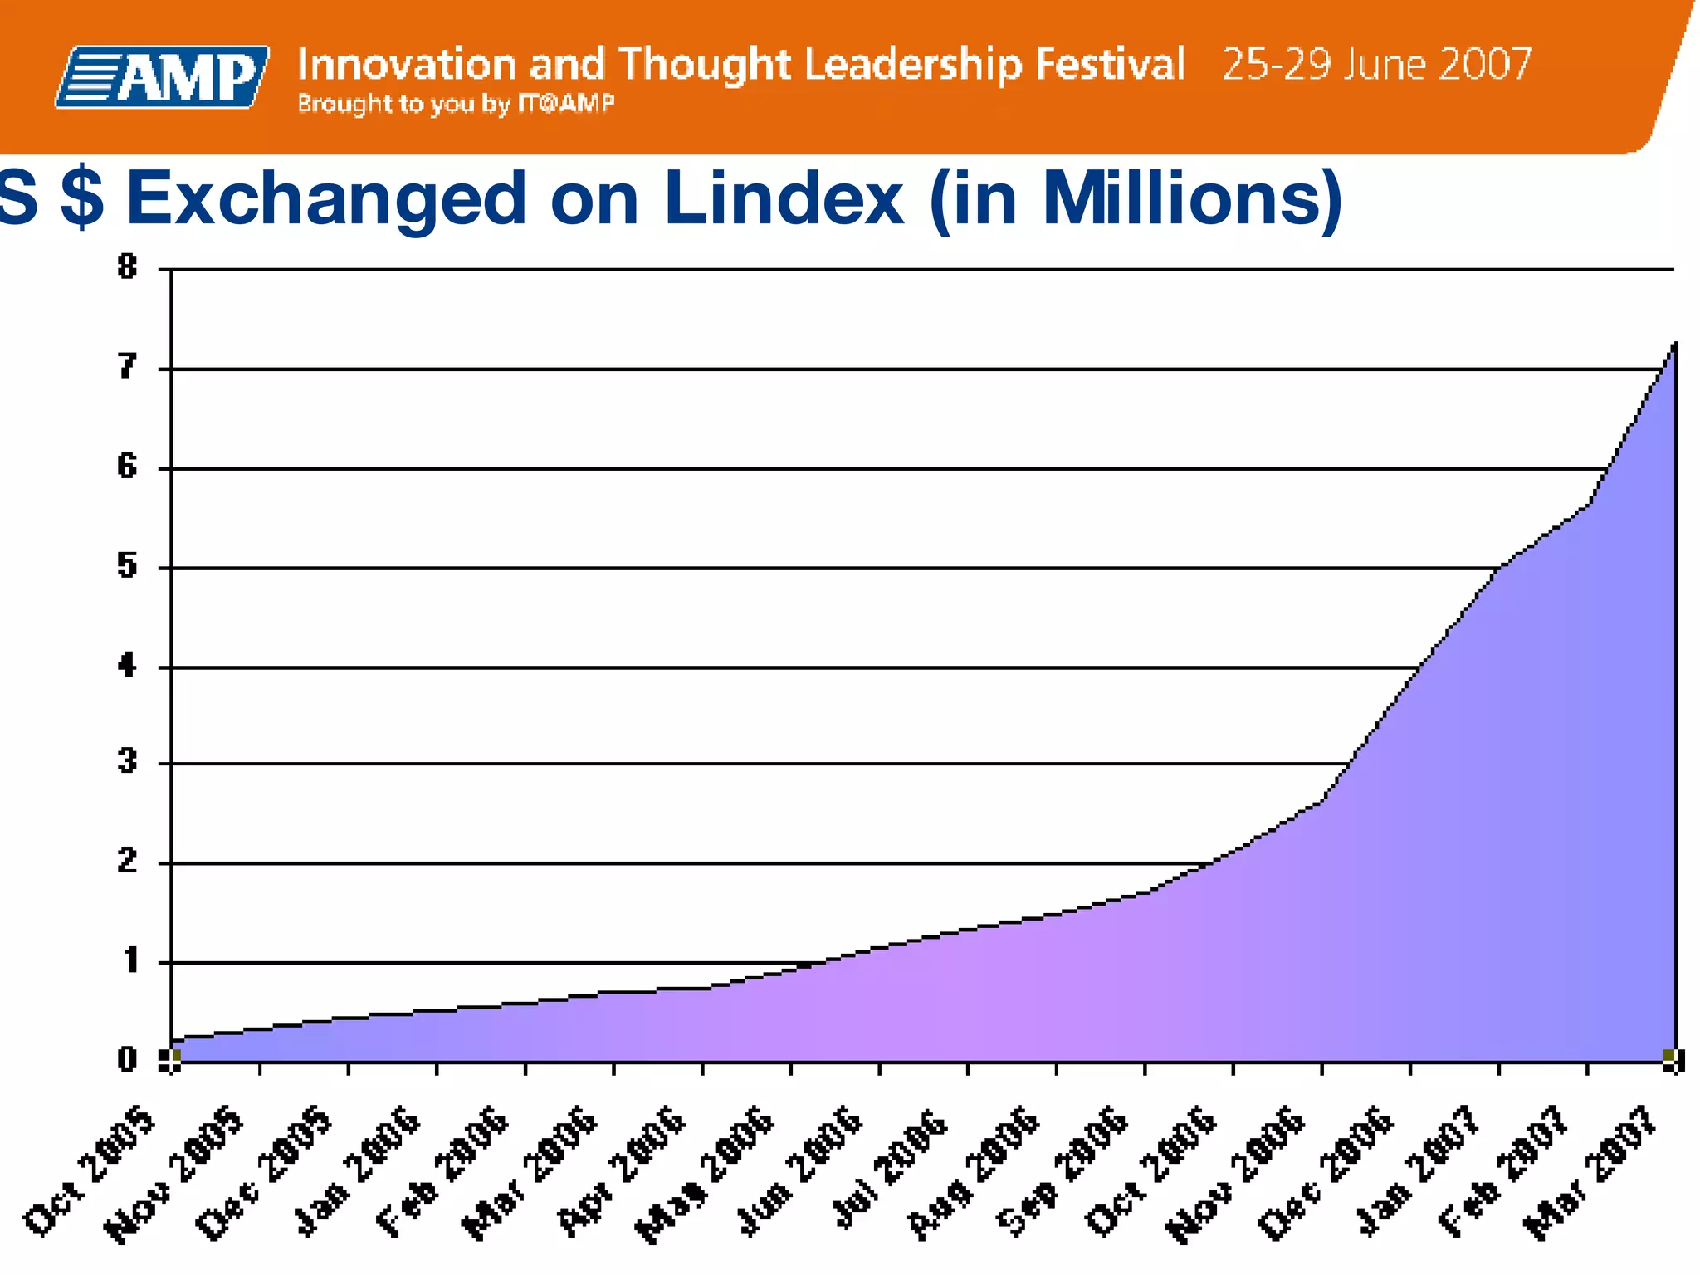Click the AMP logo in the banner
[163, 77]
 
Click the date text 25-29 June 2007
[1376, 65]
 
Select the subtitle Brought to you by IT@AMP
[456, 104]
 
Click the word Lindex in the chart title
[783, 199]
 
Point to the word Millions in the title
[1191, 199]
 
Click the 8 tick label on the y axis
[127, 267]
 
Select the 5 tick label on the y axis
[127, 567]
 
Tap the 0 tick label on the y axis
[127, 1060]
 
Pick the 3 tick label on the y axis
[127, 761]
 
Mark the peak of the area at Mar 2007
[1675, 343]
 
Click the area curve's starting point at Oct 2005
[173, 1038]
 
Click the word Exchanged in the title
[326, 199]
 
